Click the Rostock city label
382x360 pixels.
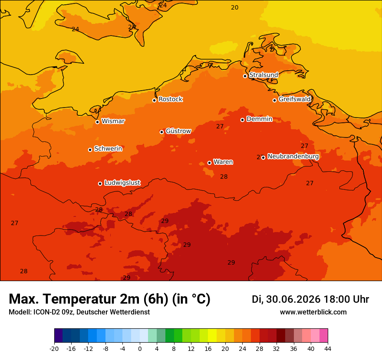[x=171, y=99]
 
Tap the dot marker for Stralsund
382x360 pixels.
[x=245, y=76]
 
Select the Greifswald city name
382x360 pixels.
[x=295, y=99]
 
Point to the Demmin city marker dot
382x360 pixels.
[x=242, y=120]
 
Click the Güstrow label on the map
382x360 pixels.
[x=178, y=131]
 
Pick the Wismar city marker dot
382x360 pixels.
[x=97, y=122]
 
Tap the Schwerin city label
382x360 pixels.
[x=108, y=148]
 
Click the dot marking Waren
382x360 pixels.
[x=210, y=163]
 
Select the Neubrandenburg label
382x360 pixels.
[x=293, y=156]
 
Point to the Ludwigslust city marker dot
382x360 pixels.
[x=100, y=183]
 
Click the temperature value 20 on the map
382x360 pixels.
[x=234, y=7]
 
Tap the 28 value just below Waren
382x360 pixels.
[x=224, y=177]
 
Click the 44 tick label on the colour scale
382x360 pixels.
[x=328, y=349]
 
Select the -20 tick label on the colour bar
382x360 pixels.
[x=54, y=349]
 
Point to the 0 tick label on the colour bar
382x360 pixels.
[x=140, y=349]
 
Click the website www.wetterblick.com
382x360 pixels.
[x=313, y=312]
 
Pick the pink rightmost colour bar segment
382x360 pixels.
[x=324, y=335]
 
